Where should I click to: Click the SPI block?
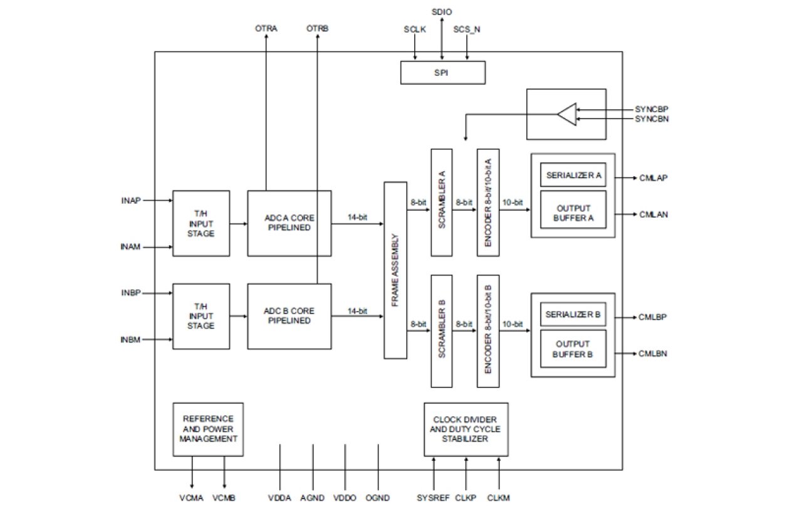pos(443,73)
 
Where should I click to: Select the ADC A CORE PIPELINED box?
pos(289,223)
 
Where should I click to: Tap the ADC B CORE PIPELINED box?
pos(289,316)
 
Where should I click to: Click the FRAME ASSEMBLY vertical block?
pos(395,270)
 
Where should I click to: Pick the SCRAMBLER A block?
pos(441,202)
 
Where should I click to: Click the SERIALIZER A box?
pos(573,176)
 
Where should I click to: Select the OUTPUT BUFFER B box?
pos(573,349)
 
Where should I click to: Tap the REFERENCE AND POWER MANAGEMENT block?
pos(208,429)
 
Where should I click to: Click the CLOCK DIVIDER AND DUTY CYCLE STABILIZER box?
pos(466,429)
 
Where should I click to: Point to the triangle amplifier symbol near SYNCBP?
pos(566,115)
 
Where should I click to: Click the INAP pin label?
pos(131,201)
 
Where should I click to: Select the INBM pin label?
pos(131,340)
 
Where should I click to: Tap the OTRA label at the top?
pos(266,29)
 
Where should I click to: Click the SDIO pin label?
pos(442,12)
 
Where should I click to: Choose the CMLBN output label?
pos(652,354)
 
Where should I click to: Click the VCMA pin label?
pos(191,498)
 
